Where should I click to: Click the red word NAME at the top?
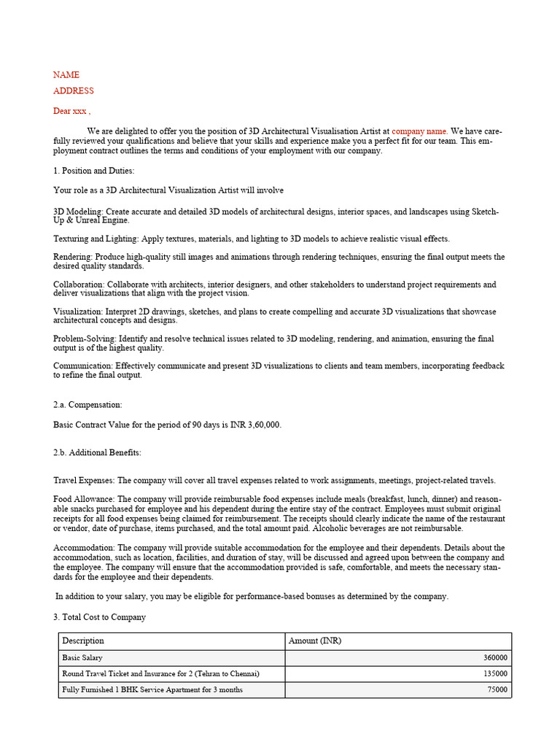coord(66,75)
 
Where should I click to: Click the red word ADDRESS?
coord(74,91)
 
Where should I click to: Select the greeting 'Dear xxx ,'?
coord(72,112)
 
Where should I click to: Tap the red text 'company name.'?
coord(420,131)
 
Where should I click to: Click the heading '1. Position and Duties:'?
coord(94,171)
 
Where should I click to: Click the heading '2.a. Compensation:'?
coord(87,404)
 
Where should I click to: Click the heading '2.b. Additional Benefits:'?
coord(97,453)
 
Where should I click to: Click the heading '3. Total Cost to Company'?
coord(99,617)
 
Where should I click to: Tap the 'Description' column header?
coord(83,641)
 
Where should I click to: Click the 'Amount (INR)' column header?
coord(315,641)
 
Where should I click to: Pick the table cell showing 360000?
coord(495,658)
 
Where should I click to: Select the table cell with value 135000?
coord(495,674)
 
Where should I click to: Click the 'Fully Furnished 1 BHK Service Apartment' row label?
coord(152,690)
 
